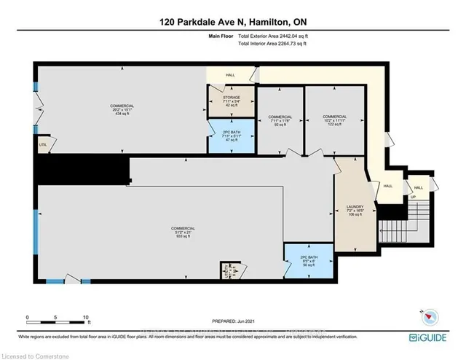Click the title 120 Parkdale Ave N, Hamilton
232,23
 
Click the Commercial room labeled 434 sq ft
122,110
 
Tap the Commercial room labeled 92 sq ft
280,121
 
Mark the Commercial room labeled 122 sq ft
334,120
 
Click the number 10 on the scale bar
87,318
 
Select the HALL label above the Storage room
231,74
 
